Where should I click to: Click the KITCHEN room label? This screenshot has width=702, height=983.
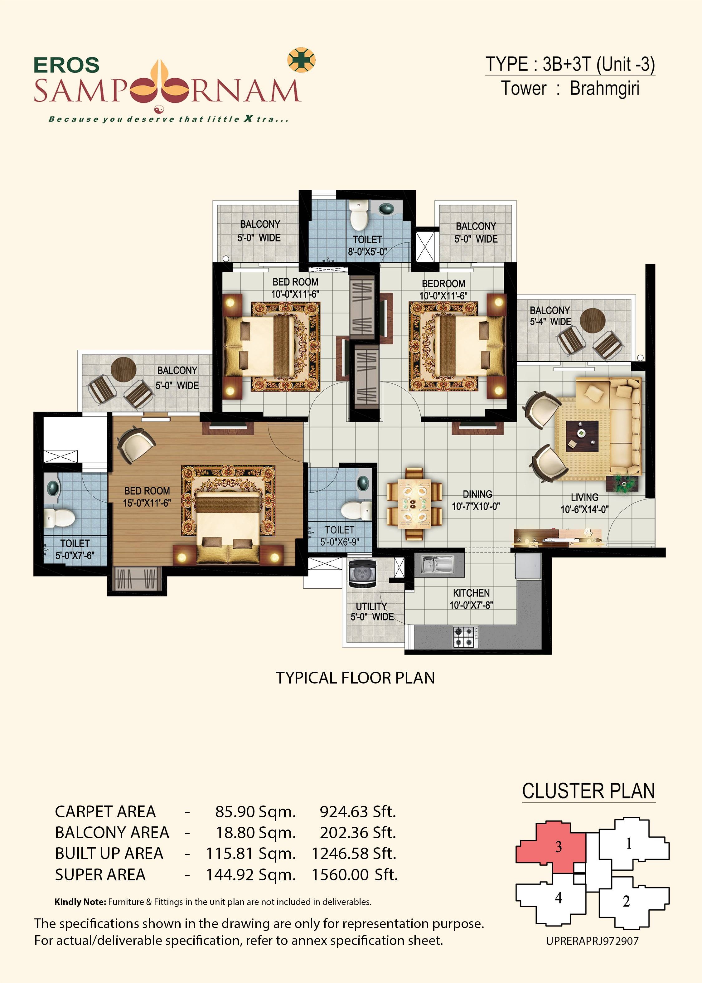(x=471, y=599)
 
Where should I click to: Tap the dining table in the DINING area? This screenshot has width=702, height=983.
(x=414, y=504)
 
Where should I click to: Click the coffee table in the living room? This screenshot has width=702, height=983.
(x=582, y=436)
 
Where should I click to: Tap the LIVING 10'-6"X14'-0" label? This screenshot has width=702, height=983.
(x=584, y=503)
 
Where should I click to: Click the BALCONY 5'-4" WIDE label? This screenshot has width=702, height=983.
(x=550, y=316)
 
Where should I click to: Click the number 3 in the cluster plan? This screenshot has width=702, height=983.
(x=559, y=847)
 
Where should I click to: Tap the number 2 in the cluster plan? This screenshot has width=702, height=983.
(x=626, y=901)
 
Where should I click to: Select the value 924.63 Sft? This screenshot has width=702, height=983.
(x=357, y=812)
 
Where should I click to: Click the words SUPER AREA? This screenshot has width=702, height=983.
(x=100, y=875)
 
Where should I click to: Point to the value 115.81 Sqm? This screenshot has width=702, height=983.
(x=251, y=854)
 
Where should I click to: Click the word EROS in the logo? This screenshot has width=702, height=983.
(x=66, y=65)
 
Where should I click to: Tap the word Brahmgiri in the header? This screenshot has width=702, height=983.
(x=604, y=89)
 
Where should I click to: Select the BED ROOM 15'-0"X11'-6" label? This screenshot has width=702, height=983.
(x=147, y=497)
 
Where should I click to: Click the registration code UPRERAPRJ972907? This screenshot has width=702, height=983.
(x=592, y=941)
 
